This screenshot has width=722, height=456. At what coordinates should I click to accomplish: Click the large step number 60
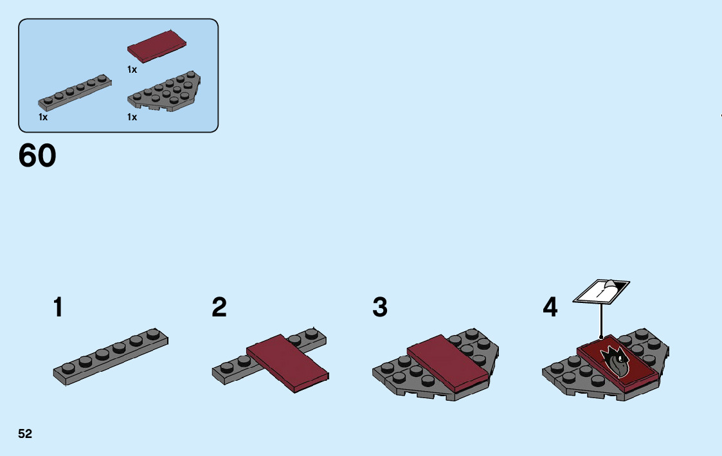click(x=37, y=156)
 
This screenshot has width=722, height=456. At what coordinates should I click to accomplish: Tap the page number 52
click(x=25, y=434)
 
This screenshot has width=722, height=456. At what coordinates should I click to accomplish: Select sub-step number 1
click(x=59, y=308)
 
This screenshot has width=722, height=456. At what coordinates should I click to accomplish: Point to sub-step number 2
click(x=219, y=308)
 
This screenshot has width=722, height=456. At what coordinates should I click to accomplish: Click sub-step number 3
click(x=380, y=308)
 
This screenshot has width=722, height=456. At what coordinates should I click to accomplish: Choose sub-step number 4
click(x=550, y=308)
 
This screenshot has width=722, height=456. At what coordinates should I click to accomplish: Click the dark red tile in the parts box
click(x=158, y=46)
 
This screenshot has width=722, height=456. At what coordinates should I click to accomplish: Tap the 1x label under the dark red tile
click(x=132, y=69)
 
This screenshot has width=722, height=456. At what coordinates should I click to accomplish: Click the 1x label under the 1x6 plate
click(x=43, y=117)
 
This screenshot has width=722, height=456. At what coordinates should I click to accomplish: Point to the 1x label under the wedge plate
click(x=132, y=117)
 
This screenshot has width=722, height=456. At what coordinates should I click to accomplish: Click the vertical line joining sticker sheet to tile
click(x=600, y=320)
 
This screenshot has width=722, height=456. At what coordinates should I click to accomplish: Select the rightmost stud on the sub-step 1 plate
click(x=153, y=333)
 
